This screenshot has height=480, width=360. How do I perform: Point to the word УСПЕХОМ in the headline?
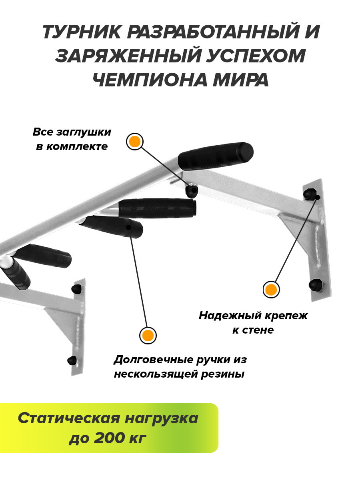[x=255, y=56]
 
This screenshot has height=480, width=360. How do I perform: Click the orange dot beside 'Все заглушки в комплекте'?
[x=135, y=142]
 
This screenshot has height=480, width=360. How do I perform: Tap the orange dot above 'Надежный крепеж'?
[x=271, y=290]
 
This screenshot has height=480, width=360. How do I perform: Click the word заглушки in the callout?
[x=84, y=132]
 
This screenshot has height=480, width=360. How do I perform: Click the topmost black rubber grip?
[x=216, y=156]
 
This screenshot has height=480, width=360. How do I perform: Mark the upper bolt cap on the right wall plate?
[x=310, y=193]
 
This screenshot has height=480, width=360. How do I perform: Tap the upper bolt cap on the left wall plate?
[x=76, y=288]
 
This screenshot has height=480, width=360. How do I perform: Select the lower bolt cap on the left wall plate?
[x=72, y=360]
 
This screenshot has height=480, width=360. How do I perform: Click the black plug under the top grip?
[x=192, y=191]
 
